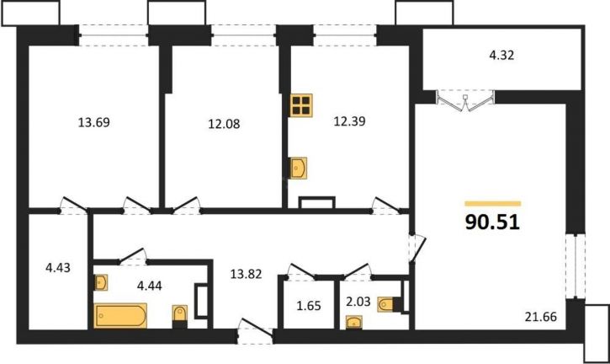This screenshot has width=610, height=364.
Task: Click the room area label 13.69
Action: point(94,122)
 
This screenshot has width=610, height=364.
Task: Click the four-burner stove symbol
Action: point(302,105)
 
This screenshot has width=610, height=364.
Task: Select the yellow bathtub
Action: point(120,315)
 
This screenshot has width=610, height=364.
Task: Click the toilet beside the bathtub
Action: point(178,315)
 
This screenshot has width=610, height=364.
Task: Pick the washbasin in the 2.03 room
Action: point(354,321)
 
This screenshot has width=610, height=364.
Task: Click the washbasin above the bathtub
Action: point(101,282)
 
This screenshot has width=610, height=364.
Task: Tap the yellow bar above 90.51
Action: point(493,203)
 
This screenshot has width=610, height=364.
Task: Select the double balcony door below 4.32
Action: point(467,99)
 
